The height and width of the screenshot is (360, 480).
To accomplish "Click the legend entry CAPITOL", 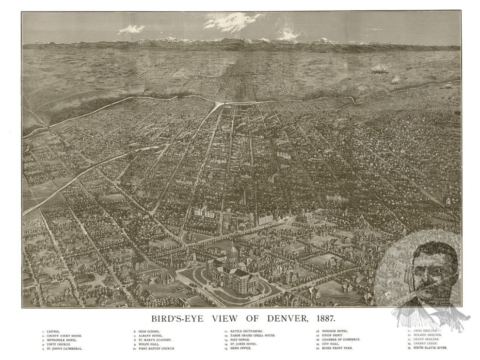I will pos(54,331).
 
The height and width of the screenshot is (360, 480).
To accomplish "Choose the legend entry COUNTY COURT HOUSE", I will pos(64,336).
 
